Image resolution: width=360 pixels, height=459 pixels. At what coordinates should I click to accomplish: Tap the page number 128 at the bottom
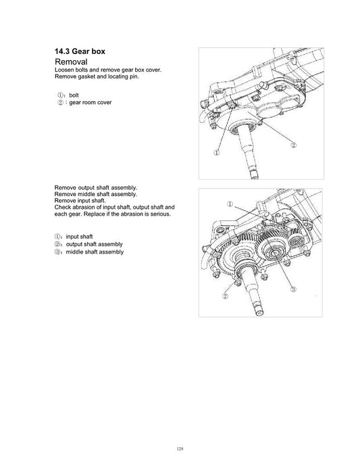pyautogui.click(x=180, y=429)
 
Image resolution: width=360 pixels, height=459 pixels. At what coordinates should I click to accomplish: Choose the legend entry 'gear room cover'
pyautogui.click(x=89, y=102)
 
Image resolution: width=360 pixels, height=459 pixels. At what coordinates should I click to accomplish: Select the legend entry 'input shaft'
pyautogui.click(x=81, y=237)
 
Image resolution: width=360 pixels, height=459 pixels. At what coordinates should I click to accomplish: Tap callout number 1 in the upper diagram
pyautogui.click(x=217, y=153)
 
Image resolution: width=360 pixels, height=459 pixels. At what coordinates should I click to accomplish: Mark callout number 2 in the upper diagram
pyautogui.click(x=293, y=145)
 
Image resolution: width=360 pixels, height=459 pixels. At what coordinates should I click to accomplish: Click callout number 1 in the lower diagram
pyautogui.click(x=230, y=203)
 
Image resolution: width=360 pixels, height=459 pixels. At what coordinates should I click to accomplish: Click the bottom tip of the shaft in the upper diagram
pyautogui.click(x=256, y=178)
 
